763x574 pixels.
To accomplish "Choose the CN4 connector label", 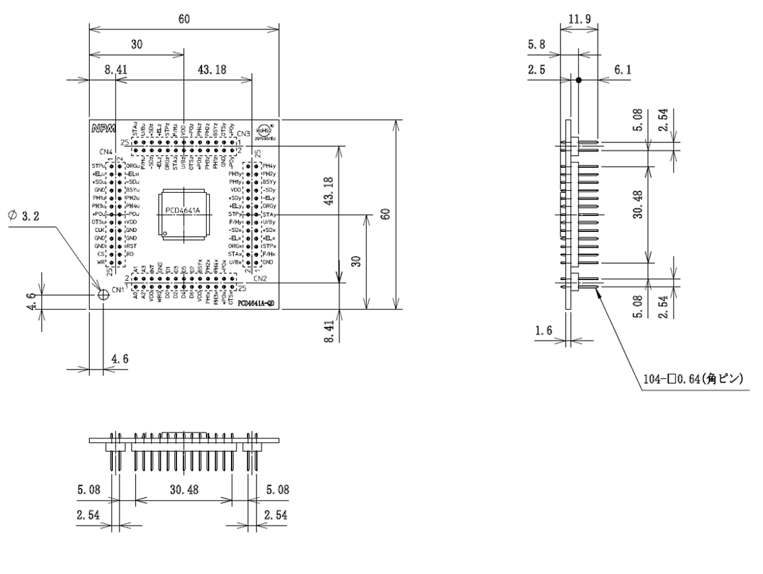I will [106, 151].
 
